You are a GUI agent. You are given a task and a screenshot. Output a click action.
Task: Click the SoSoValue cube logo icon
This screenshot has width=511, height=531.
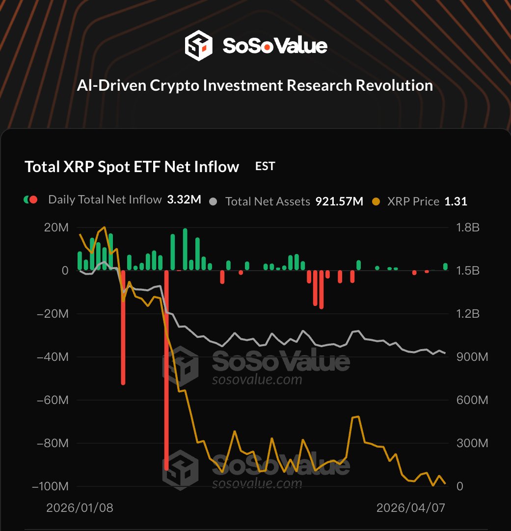click(198, 46)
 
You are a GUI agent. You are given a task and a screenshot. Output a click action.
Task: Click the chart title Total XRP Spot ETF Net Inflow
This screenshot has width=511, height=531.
click(132, 167)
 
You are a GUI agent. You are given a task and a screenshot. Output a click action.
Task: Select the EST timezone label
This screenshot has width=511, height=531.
click(265, 166)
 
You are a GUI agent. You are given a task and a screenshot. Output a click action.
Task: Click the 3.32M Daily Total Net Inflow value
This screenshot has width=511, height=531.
click(184, 200)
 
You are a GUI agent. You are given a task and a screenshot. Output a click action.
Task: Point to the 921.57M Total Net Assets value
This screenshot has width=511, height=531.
click(339, 201)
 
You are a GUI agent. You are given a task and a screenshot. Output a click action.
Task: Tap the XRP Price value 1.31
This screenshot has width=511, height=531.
click(456, 201)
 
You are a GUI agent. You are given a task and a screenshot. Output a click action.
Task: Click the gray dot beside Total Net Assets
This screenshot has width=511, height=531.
click(213, 202)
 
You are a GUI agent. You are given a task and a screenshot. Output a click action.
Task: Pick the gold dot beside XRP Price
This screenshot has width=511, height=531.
click(376, 202)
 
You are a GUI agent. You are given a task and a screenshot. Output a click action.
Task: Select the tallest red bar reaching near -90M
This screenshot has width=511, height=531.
click(167, 368)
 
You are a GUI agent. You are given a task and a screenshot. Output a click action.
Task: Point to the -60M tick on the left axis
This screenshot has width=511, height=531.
click(54, 400)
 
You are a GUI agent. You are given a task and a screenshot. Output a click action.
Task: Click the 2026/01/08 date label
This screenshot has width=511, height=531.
click(80, 508)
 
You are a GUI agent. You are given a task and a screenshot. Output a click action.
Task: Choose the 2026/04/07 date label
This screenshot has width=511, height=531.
click(410, 508)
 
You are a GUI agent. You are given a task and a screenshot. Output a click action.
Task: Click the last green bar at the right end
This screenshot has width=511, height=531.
click(446, 267)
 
